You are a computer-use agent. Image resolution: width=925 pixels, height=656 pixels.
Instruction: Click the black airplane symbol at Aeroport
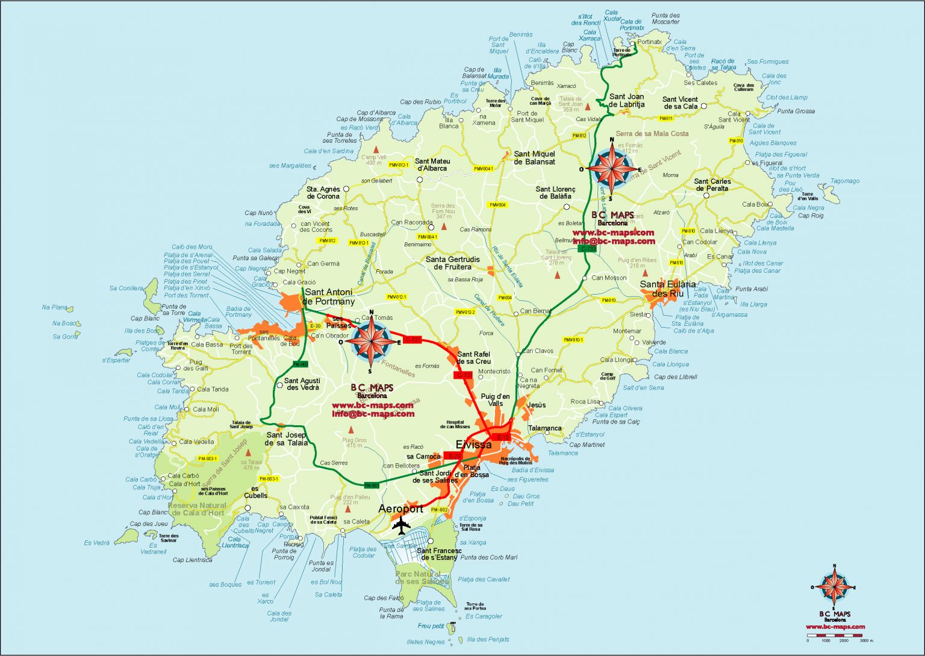401,525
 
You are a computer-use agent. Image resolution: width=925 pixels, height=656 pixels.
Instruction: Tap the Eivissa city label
473,445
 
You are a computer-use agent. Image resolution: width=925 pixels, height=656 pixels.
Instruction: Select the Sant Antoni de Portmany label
329,297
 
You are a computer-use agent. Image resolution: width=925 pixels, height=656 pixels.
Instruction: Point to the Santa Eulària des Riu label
667,289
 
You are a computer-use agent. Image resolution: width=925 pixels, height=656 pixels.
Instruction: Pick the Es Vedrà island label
97,543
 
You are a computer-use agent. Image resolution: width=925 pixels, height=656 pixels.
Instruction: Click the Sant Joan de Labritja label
626,100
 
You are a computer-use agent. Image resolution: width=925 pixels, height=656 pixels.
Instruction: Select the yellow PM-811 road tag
665,119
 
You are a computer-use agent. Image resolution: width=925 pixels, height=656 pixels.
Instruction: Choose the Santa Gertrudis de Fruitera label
453,263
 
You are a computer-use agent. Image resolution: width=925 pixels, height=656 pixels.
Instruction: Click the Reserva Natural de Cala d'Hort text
198,509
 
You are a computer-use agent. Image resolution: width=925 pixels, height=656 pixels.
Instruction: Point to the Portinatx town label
649,42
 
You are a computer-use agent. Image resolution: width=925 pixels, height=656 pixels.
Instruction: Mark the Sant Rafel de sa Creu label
474,358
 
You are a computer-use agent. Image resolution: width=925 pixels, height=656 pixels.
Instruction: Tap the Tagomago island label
845,181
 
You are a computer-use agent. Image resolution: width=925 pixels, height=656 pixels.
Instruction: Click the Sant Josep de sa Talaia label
286,439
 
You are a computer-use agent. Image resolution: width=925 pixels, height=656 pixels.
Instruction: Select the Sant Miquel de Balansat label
534,158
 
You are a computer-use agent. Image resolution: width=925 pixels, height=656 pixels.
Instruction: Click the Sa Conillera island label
126,289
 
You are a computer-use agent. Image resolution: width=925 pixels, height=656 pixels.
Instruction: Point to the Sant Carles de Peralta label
712,185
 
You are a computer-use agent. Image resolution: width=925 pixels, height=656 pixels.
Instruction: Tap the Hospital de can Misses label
455,425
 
